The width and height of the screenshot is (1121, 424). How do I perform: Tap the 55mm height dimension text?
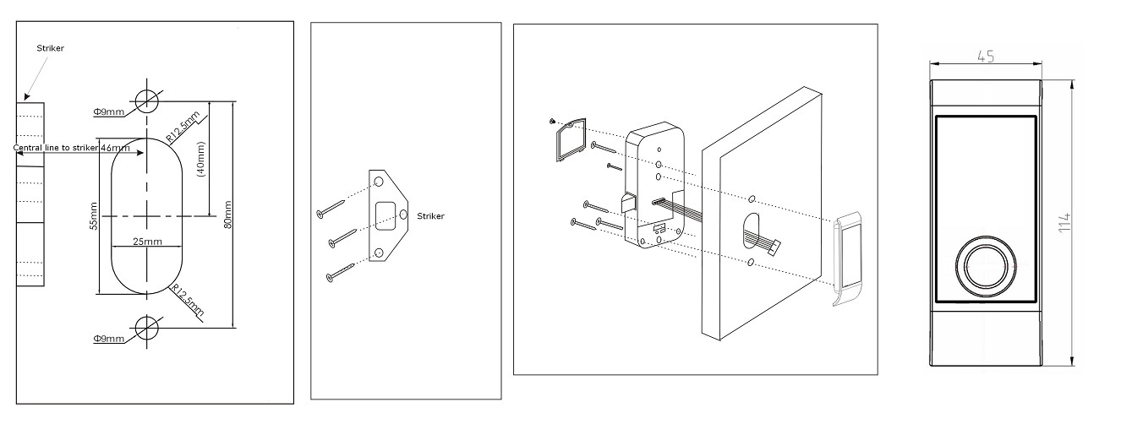(94, 216)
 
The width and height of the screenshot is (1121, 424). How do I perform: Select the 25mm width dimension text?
(147, 242)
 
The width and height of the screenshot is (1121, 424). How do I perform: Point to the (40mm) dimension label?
(201, 158)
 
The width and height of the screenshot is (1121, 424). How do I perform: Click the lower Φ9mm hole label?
(108, 338)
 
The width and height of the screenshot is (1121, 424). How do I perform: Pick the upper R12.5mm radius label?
(182, 126)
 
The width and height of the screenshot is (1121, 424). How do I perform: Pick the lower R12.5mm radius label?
(187, 301)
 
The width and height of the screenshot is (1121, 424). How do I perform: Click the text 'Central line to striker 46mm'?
(72, 149)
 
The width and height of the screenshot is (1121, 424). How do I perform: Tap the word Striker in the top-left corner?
(50, 48)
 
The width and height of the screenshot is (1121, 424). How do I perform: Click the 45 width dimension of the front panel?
(985, 57)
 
